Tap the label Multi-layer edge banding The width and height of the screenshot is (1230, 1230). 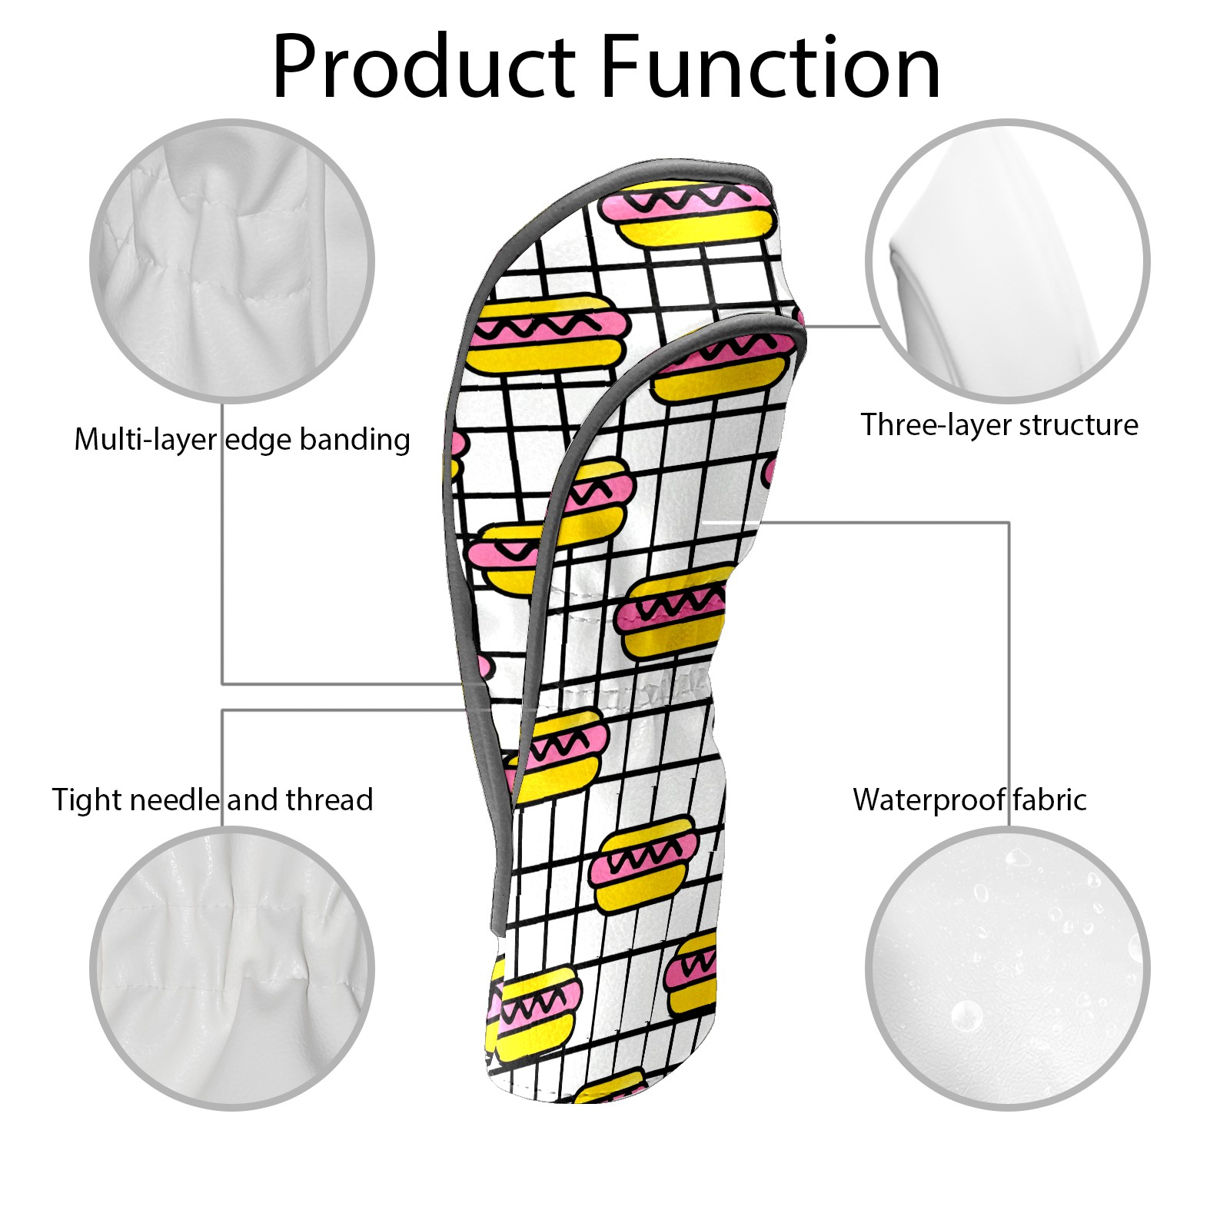click(x=242, y=440)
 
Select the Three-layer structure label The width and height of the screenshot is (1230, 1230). click(x=999, y=424)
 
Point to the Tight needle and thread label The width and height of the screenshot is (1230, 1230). click(x=212, y=799)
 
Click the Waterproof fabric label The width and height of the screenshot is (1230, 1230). click(x=969, y=799)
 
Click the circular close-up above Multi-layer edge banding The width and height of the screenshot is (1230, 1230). click(x=232, y=261)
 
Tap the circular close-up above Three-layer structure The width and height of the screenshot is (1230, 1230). click(x=1007, y=261)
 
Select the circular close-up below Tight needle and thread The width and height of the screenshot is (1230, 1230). click(x=232, y=968)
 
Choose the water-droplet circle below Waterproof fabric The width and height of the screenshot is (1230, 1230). click(x=1007, y=968)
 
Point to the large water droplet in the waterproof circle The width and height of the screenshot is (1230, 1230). click(x=966, y=1016)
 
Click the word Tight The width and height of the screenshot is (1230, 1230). click(x=83, y=799)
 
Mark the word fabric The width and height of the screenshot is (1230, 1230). click(x=1049, y=799)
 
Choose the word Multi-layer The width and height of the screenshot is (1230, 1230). click(x=145, y=440)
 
